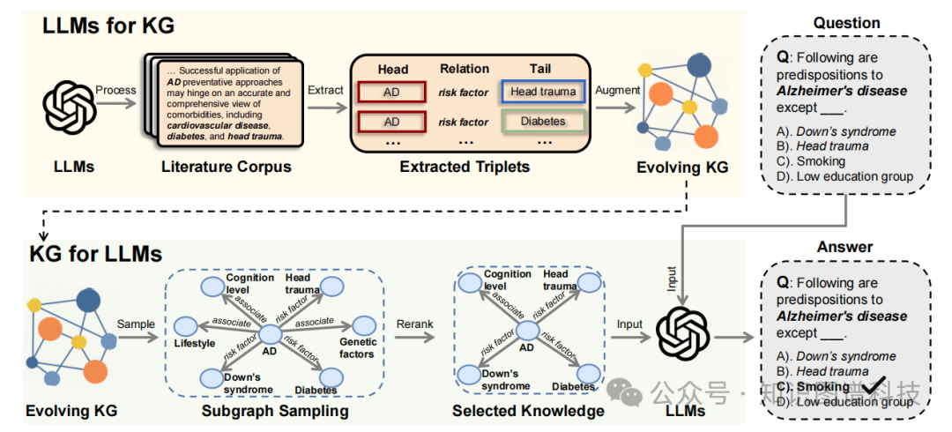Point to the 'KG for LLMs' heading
point(97,254)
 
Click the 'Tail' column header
point(540,68)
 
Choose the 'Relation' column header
point(465,68)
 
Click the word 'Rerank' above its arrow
point(414,324)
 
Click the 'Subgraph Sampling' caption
point(275,411)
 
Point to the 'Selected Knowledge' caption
point(528,411)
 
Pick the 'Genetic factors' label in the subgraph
point(357,347)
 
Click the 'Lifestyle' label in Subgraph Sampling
point(194,343)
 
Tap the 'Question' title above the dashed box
point(846,23)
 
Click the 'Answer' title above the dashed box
point(845,248)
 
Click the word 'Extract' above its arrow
point(325,91)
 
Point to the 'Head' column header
point(392,68)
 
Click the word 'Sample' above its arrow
point(136,324)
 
